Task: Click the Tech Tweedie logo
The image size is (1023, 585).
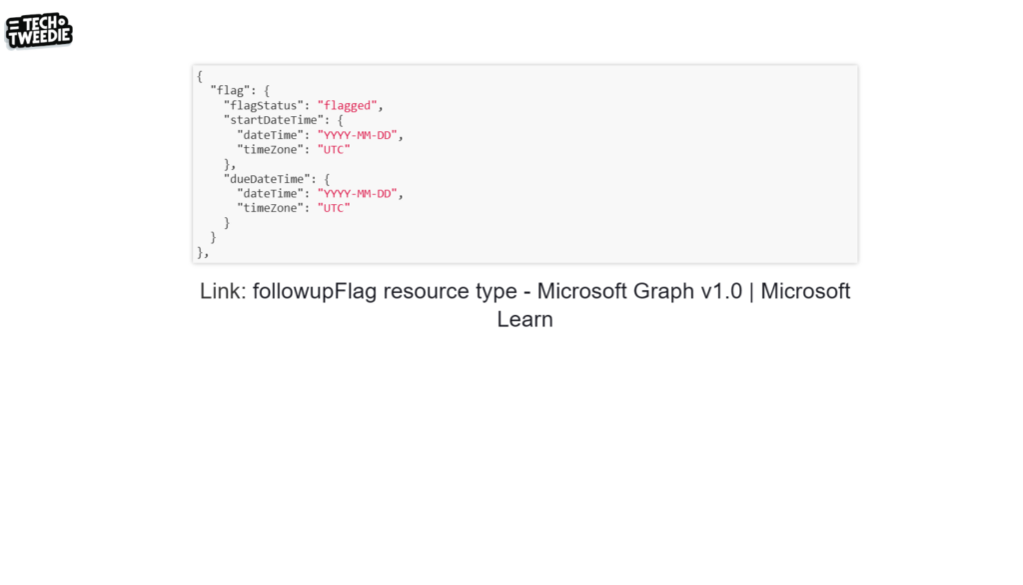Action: pos(39,31)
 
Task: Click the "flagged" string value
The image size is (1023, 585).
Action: pos(347,105)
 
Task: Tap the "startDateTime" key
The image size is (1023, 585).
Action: pos(271,120)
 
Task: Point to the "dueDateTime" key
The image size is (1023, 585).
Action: pos(267,178)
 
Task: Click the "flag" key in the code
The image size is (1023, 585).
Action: pos(230,90)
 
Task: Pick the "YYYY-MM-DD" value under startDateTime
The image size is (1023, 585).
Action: pos(360,134)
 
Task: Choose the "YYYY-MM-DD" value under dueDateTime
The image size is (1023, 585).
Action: pos(360,193)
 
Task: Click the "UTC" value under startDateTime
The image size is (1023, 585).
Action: pos(334,149)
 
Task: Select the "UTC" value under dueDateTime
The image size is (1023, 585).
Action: pos(334,208)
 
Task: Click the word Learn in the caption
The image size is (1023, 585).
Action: pos(524,320)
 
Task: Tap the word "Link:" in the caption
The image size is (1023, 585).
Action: pos(223,291)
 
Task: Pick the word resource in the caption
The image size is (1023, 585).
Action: pos(425,291)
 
